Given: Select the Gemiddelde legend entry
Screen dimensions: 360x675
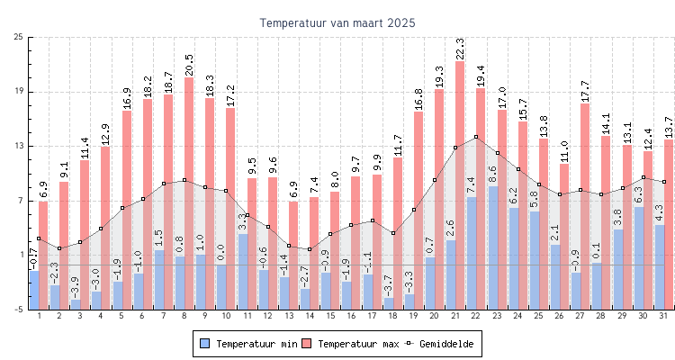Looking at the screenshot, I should [x=442, y=344].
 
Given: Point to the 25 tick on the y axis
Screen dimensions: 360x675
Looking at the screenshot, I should [x=19, y=37].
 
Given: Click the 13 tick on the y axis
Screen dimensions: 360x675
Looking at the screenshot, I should [x=19, y=146].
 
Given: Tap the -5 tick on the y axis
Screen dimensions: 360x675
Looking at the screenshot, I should [x=19, y=309].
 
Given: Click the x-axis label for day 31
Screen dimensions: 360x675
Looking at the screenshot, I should [x=663, y=316].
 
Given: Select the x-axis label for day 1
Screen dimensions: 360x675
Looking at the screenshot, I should [x=39, y=316].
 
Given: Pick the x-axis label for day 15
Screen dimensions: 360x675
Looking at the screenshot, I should [x=330, y=316].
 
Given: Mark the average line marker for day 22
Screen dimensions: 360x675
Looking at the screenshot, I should [x=476, y=137].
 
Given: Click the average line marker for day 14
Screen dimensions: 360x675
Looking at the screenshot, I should [x=310, y=249].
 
